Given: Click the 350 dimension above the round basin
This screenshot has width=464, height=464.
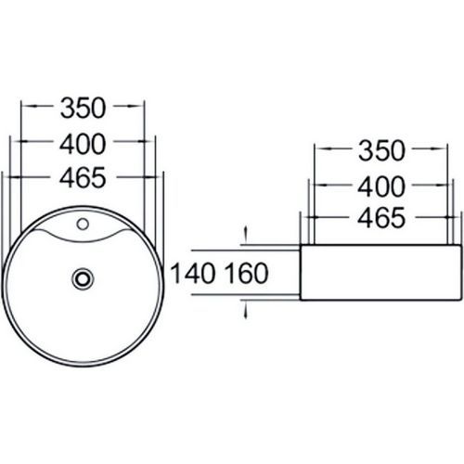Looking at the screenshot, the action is point(83,109).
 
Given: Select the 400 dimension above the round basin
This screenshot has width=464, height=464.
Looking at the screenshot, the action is point(83,144).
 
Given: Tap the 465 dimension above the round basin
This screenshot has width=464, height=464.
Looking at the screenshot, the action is point(83,178).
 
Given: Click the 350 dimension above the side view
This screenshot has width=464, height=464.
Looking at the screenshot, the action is point(381,151).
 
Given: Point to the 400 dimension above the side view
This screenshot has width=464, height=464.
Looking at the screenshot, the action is point(381,187).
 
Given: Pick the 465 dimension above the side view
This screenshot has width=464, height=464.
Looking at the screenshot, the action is point(381,218).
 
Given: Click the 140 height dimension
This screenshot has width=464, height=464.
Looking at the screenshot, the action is point(193,273).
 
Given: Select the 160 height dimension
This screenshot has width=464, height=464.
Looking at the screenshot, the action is point(246,273).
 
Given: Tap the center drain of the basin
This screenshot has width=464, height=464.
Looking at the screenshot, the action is point(83,278).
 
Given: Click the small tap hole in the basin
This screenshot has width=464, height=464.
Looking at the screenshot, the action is point(83,224).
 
